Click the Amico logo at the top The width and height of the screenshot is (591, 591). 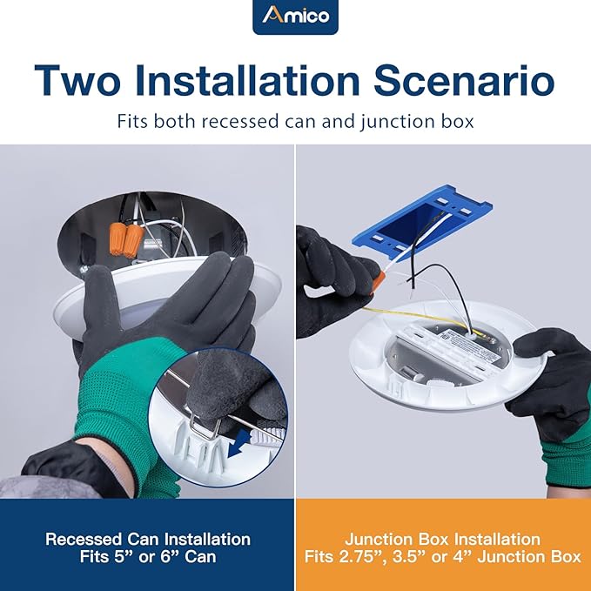(296, 17)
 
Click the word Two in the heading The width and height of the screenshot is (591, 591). (77, 81)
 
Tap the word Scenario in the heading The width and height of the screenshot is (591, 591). (464, 81)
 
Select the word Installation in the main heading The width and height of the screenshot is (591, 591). (247, 81)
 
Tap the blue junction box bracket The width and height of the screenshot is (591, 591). (422, 218)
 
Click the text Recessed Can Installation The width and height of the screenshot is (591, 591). (148, 540)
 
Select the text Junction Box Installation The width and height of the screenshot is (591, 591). (442, 540)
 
